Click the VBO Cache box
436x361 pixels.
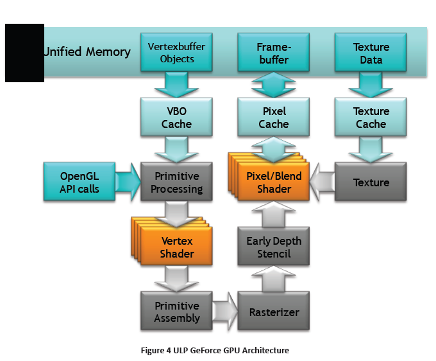point(176,118)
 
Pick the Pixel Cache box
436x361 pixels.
point(274,118)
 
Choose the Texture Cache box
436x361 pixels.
point(371,118)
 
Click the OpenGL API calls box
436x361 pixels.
point(80,182)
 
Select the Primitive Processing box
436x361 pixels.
point(176,182)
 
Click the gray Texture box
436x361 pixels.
point(371,182)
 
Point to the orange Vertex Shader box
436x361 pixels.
point(177,247)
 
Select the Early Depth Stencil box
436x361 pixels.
point(274,247)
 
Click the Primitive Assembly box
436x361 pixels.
point(176,312)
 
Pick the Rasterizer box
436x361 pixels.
point(274,312)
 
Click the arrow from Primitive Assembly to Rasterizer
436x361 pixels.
point(224,312)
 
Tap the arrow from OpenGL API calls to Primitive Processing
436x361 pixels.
point(128,182)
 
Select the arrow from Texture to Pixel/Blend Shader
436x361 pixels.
point(322,182)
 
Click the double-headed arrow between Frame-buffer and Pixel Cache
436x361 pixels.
point(274,85)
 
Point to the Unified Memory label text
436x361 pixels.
point(87,52)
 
